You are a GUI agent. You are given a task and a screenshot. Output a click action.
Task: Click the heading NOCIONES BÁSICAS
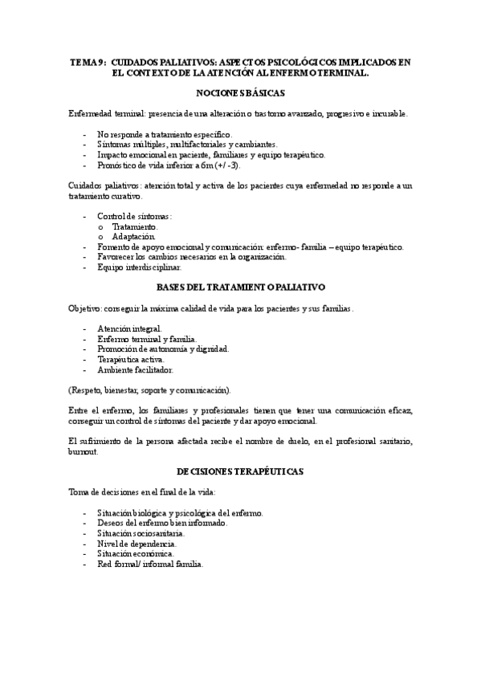point(240,93)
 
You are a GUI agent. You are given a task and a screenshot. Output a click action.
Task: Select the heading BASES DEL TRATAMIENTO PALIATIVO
point(240,287)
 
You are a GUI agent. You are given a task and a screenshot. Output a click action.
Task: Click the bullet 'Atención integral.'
point(129,328)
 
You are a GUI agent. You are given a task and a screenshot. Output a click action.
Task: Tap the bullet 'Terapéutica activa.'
point(131,360)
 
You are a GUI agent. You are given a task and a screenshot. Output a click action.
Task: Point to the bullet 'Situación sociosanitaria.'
point(141,533)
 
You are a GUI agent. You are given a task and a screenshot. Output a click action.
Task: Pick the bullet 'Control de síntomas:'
point(134,216)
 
